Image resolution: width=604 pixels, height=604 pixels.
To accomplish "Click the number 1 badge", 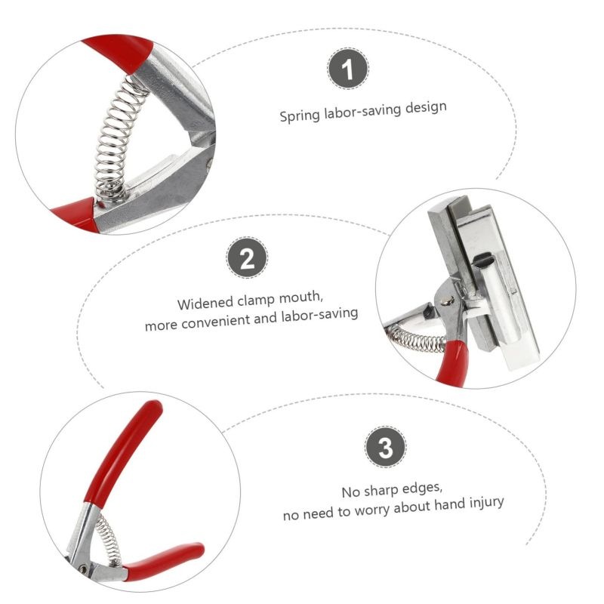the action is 348,69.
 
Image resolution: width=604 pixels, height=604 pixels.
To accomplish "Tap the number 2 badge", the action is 247,257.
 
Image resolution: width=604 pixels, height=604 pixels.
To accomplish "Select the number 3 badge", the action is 385,447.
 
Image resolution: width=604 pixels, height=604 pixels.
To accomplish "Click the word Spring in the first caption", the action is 300,116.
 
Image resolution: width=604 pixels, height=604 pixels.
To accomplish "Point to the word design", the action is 426,106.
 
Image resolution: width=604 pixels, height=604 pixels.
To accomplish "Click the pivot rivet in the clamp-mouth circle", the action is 447,300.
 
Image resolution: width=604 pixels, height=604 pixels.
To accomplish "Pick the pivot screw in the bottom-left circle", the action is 82,568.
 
